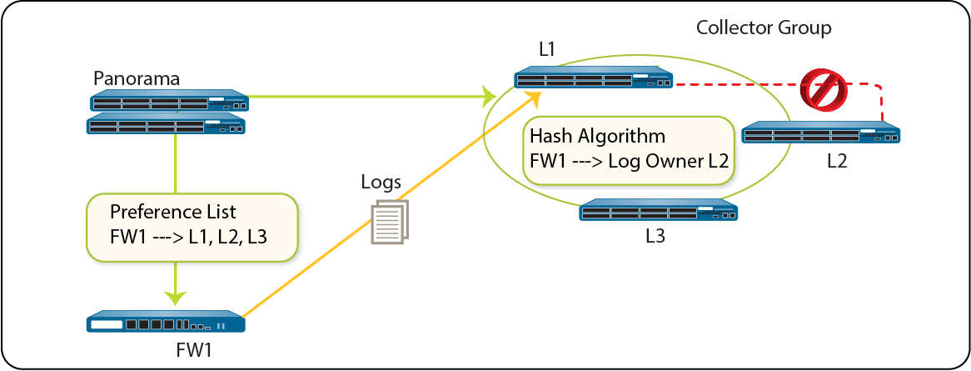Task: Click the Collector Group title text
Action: coord(764,28)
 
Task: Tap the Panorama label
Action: coord(137,78)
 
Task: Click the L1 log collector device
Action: coord(594,78)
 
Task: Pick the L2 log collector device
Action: coord(820,133)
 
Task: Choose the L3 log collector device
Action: coord(658,209)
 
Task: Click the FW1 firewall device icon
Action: coord(165,322)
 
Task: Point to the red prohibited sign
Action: coord(824,89)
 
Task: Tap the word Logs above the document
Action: coord(381,181)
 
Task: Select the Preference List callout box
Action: coord(192,227)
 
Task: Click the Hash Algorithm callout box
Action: coord(629,149)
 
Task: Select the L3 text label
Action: coord(655,236)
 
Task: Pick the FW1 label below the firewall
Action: coord(194,350)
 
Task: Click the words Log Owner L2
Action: coord(668,161)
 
